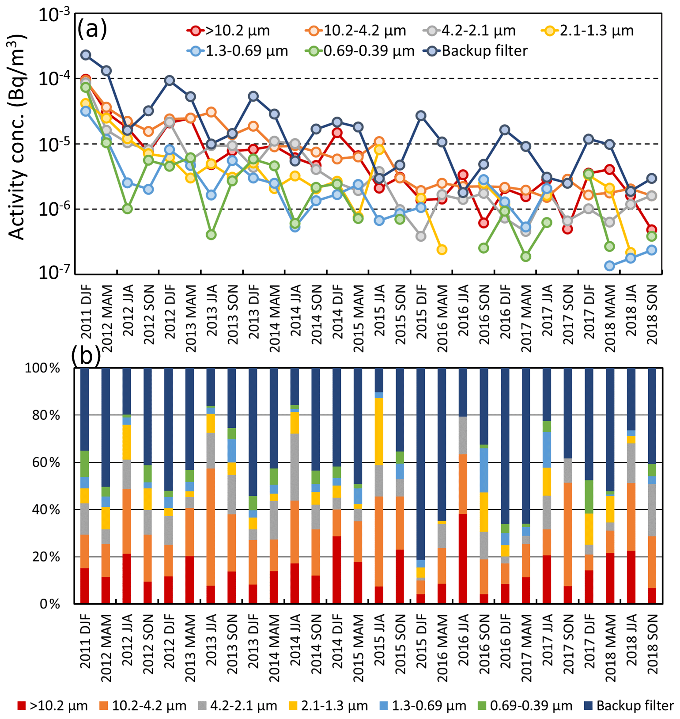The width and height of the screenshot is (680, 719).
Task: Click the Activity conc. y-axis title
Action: (18, 137)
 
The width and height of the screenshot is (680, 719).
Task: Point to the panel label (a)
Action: (92, 30)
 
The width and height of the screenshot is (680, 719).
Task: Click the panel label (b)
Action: (86, 355)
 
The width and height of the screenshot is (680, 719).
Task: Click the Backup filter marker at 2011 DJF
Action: (86, 55)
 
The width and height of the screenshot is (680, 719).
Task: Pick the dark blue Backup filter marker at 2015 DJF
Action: (421, 116)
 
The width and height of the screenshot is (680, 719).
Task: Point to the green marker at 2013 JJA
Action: (211, 235)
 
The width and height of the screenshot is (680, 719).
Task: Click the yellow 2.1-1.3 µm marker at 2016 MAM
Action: (442, 250)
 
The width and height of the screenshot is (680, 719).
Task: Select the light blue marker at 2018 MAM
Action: (610, 266)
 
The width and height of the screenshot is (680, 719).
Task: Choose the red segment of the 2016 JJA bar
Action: (463, 559)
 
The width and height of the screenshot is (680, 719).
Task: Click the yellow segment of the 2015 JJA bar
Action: (379, 431)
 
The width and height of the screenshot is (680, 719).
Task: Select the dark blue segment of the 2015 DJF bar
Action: (421, 464)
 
